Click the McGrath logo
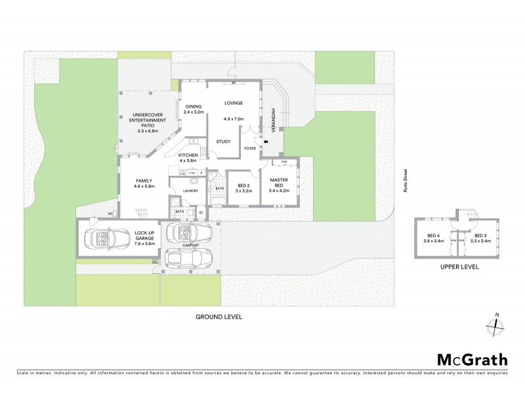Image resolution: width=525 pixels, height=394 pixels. [x=472, y=359]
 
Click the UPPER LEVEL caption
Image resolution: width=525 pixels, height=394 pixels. [x=459, y=267]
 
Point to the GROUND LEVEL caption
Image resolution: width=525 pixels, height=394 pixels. [x=219, y=316]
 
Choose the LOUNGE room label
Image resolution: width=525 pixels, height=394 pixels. [x=234, y=103]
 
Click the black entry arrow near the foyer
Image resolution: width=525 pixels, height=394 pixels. [x=266, y=141]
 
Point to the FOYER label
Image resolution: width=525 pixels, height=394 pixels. [x=250, y=149]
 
